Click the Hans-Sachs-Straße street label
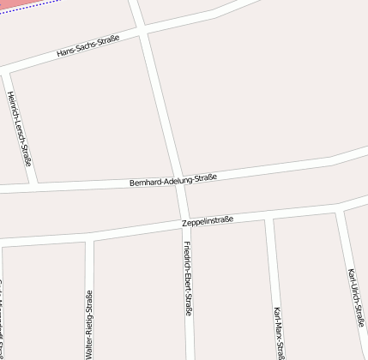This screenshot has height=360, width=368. tap(87, 46)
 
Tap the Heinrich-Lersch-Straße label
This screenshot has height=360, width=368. tap(20, 128)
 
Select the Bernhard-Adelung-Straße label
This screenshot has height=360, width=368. tap(172, 180)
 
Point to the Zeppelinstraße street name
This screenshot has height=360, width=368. tap(208, 222)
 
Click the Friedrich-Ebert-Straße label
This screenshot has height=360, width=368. tap(188, 279)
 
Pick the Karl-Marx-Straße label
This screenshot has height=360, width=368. tap(278, 332)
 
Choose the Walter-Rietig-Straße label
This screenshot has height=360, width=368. tap(88, 324)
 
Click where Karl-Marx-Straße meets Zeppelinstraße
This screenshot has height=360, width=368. tap(268, 218)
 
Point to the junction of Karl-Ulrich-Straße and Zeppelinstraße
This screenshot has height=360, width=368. tap(340, 208)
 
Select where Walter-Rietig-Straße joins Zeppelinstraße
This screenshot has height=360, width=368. tap(88, 238)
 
